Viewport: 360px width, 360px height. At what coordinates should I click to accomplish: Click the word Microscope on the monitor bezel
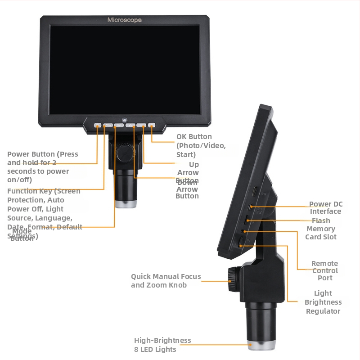tap(124, 20)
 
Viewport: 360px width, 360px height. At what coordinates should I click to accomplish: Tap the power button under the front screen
tap(98, 126)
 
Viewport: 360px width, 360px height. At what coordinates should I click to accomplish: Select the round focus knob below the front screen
tap(125, 153)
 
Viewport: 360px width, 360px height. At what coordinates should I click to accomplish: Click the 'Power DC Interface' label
tap(326, 208)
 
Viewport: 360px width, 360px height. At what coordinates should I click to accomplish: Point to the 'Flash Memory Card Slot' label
tap(321, 229)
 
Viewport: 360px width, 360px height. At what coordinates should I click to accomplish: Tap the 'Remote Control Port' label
tap(324, 270)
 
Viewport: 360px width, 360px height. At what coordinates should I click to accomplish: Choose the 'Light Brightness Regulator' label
tap(323, 302)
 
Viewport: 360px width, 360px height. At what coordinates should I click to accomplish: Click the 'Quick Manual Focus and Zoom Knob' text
tap(166, 280)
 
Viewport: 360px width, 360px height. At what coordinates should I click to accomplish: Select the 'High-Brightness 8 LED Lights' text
tap(162, 345)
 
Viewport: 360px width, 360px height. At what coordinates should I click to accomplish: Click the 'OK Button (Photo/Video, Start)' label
tap(201, 145)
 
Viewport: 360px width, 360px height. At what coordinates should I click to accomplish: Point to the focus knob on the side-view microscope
tap(234, 274)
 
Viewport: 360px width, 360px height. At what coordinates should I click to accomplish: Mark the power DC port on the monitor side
tap(250, 207)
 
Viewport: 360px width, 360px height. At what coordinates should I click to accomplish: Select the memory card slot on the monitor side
tap(247, 221)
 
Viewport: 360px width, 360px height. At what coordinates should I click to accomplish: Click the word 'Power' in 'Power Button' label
tap(18, 154)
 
